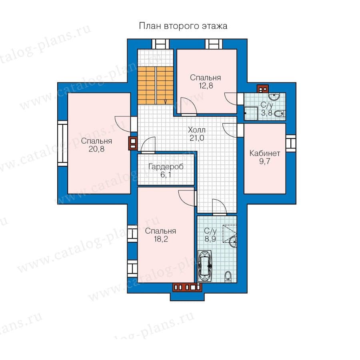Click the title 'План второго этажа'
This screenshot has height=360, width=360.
click(x=183, y=26)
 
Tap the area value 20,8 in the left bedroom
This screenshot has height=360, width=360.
click(x=96, y=149)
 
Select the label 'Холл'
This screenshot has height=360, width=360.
click(x=197, y=130)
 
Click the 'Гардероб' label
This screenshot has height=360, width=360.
click(x=166, y=167)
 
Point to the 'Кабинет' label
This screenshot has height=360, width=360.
click(x=265, y=153)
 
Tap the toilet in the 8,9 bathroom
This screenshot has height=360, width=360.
click(x=228, y=276)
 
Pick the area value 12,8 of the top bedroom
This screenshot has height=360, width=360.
click(x=206, y=86)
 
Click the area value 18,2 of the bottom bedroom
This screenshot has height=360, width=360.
click(x=161, y=239)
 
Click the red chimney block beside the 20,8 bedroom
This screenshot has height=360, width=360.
click(x=133, y=144)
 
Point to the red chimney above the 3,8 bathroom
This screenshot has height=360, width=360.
click(x=262, y=89)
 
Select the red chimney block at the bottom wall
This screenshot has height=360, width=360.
click(x=187, y=287)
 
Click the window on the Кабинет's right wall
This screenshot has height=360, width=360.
click(x=290, y=143)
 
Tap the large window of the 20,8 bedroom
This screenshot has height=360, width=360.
click(x=62, y=144)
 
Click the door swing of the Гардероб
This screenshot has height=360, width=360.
click(x=148, y=145)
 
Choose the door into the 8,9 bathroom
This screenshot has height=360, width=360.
click(x=220, y=207)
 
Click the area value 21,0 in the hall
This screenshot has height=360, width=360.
click(x=197, y=138)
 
